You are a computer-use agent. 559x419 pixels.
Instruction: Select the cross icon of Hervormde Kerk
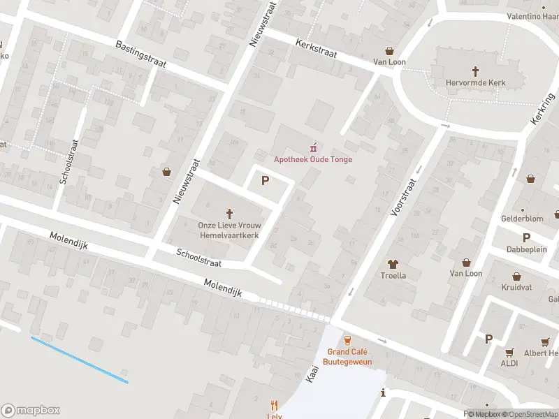point(475,71)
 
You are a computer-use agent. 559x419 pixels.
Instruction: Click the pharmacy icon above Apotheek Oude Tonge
point(313,147)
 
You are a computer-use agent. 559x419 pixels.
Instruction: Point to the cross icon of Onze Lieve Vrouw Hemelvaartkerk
point(229,213)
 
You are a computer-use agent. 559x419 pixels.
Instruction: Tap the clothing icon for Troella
point(392,264)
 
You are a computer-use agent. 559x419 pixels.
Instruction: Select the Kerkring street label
point(541,110)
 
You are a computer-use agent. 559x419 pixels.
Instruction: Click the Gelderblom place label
point(523,219)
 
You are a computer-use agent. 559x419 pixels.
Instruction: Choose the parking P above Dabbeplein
point(526,237)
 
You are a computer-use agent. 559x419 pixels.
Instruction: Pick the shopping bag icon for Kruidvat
point(516,277)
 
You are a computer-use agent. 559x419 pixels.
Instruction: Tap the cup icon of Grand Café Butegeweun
point(347,340)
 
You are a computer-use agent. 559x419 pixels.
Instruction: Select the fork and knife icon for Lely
point(275,405)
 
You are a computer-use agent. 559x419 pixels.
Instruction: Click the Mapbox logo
point(31,411)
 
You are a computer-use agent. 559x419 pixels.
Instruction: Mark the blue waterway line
point(79,360)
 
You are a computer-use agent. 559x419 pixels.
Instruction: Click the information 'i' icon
point(383,393)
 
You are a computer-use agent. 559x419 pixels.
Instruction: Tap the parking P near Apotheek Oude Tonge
point(265,181)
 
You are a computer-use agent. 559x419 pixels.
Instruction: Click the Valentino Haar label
point(532,16)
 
